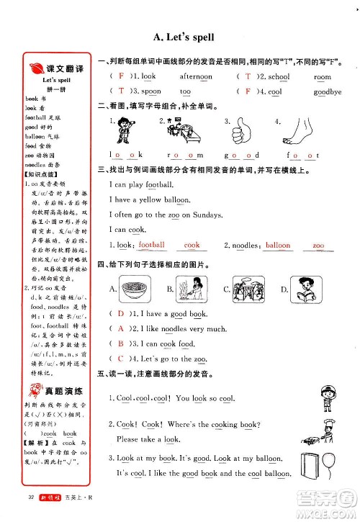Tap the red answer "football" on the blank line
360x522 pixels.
[152, 245]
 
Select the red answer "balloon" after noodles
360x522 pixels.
[277, 245]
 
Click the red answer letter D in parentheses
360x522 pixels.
[120, 314]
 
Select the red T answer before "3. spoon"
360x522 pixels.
[120, 91]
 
